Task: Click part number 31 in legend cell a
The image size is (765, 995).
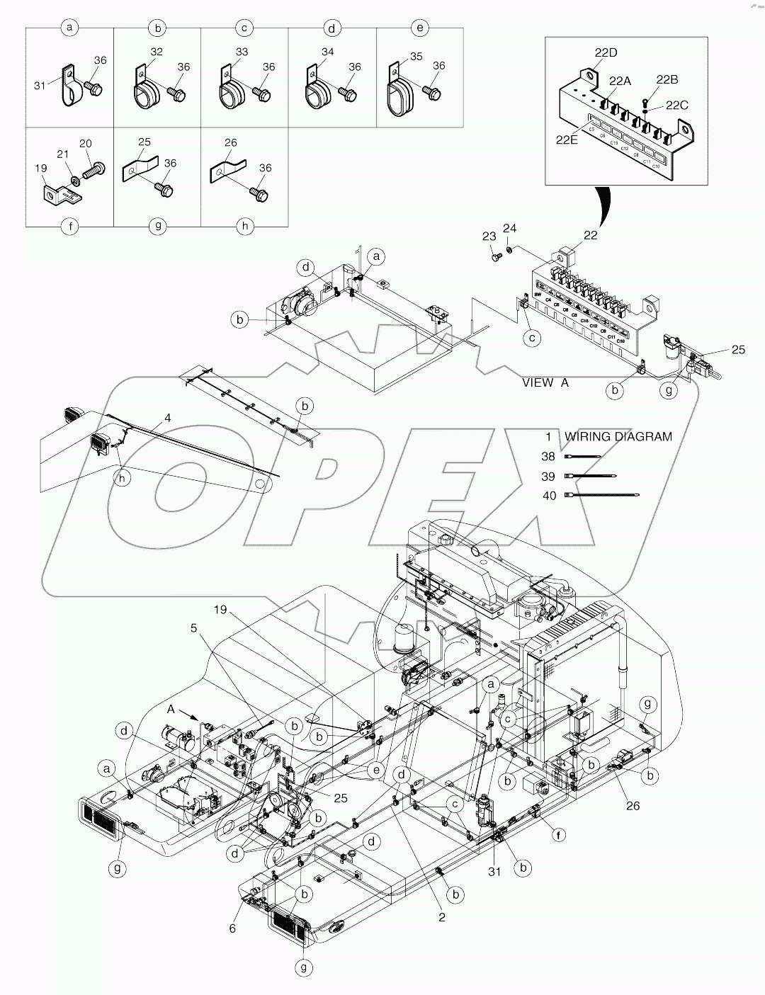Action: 39,85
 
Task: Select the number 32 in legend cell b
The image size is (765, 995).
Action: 157,52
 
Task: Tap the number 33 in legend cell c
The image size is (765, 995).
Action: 242,52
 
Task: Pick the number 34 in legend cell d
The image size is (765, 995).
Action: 327,52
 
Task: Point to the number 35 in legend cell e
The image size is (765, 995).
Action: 416,56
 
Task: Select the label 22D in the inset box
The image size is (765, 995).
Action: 606,52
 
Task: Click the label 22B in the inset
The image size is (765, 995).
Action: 667,79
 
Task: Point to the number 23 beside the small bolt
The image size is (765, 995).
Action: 489,237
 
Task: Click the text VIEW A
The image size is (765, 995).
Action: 545,382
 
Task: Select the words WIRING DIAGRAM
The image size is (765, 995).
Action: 618,436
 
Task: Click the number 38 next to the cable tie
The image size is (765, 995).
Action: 549,457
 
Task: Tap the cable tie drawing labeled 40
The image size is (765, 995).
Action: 602,496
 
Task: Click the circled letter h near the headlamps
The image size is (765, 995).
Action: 123,478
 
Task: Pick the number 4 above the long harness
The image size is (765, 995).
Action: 167,418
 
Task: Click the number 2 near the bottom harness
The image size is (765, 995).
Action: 442,917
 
